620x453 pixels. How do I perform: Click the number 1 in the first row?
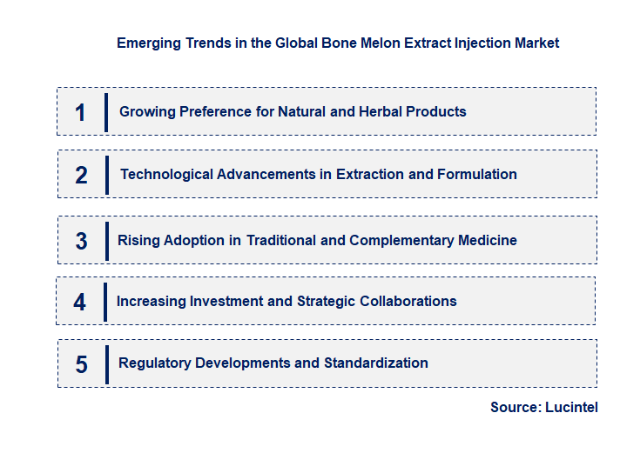point(80,112)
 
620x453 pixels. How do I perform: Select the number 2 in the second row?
point(81,175)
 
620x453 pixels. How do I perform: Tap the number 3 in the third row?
point(81,241)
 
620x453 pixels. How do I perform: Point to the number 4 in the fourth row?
point(80,302)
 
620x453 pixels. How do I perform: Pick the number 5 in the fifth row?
point(81,363)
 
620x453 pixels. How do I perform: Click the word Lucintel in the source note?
point(571,407)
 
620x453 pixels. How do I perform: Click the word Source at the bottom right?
point(515,407)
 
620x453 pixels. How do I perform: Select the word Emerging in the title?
point(148,43)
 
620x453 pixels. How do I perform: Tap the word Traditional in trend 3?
point(281,240)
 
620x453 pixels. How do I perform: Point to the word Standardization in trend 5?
point(375,363)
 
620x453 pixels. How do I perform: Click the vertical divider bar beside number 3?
point(106,239)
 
